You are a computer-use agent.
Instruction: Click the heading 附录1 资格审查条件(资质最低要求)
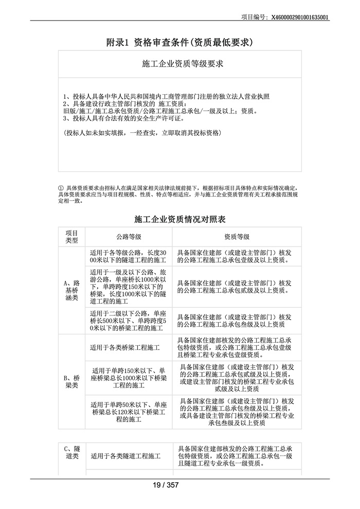(179, 42)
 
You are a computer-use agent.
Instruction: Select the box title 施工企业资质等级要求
(179, 64)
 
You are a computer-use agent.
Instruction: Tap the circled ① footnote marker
(61, 188)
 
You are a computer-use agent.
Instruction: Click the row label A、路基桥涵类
(72, 290)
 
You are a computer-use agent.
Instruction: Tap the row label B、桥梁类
(72, 381)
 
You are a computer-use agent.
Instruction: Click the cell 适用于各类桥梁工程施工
(125, 348)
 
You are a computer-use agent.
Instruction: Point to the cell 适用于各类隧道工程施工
(125, 456)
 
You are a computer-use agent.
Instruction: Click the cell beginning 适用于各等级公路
(128, 257)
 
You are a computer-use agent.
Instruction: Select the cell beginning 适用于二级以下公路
(128, 320)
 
